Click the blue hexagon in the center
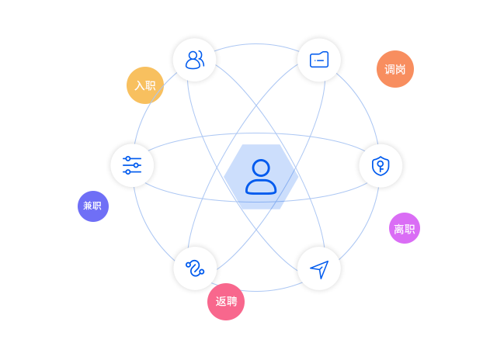(261, 177)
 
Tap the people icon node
(194, 60)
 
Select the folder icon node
(319, 60)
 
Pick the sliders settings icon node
(132, 165)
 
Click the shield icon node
(381, 165)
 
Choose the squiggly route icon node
(195, 268)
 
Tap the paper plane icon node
(319, 268)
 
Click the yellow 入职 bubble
(145, 85)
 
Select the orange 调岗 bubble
(395, 69)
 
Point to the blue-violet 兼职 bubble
(93, 206)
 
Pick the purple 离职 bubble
(405, 228)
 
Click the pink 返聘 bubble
(226, 302)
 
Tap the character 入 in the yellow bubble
(140, 85)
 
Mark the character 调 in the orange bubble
(390, 69)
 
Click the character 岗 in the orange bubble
(401, 69)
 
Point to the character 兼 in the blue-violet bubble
(89, 206)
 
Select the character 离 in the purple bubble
(399, 228)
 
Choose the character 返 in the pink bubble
(221, 302)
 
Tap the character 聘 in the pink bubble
(231, 302)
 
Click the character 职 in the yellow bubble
(151, 85)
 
